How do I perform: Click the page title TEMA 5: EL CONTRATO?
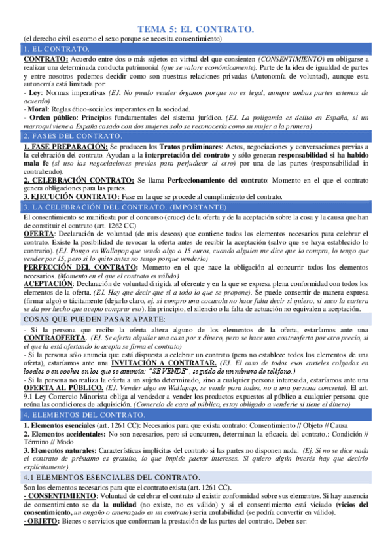[x=196, y=29]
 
